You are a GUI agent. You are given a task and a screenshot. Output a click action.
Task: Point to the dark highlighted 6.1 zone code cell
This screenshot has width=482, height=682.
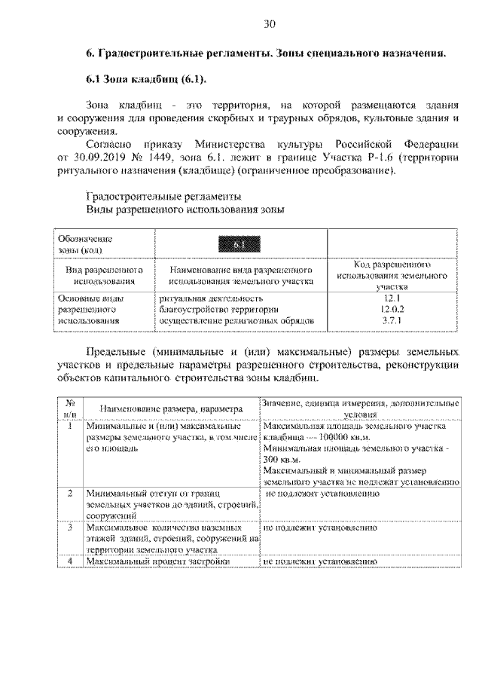coord(237,243)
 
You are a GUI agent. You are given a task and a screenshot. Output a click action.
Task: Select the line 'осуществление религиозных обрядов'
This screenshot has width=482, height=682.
coord(236,321)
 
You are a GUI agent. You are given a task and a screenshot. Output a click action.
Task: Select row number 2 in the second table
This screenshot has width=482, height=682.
coord(69,493)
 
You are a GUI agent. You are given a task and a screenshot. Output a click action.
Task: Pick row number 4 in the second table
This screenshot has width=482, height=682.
coord(69,561)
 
